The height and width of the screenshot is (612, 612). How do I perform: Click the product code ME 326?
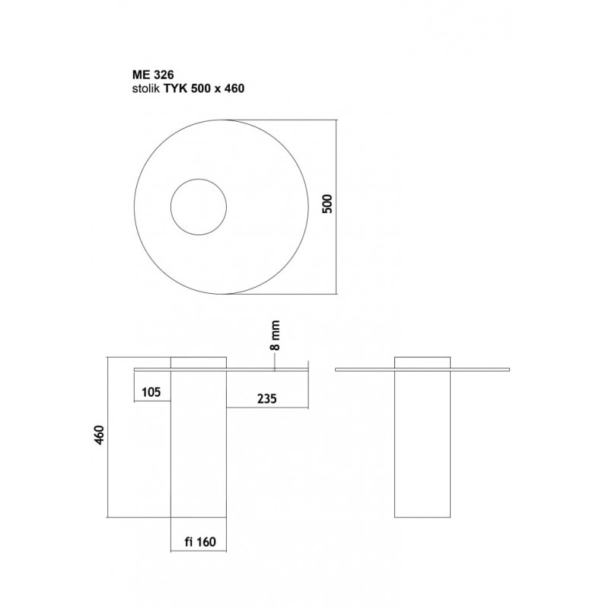(x=153, y=74)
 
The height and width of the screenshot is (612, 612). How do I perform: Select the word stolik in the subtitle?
(x=146, y=88)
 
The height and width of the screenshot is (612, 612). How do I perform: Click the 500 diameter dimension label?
(x=327, y=203)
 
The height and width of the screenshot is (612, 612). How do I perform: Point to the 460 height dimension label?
(x=99, y=435)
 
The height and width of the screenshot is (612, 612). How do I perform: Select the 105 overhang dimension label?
(x=151, y=391)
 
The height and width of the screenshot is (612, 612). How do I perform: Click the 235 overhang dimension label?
(x=266, y=399)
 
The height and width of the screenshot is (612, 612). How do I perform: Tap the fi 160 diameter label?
(x=200, y=542)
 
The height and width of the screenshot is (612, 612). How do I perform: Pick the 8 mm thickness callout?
(x=275, y=336)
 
